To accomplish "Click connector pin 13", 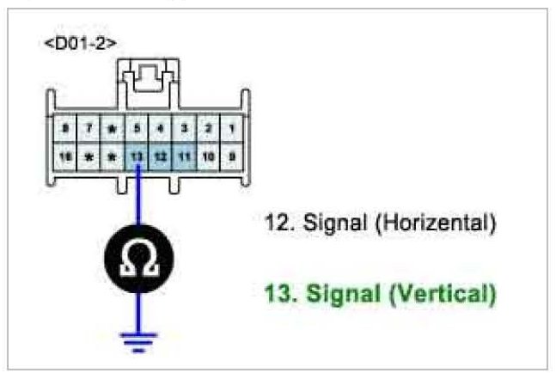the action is pos(137,158).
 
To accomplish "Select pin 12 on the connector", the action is pos(160,158).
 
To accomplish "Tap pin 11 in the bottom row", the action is pos(183,158).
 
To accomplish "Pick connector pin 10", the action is pos(206,158).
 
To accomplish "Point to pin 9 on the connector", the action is pos(229,158).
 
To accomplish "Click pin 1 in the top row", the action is pos(229,130).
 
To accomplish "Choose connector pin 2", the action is pos(206,130).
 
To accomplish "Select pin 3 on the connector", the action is pos(183,130).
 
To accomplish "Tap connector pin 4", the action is pos(160,130).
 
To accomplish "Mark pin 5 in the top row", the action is pos(137,130).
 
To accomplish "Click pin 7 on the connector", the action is pos(89,130).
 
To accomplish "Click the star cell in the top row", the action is pos(112,130).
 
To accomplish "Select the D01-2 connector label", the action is pos(81,41).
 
